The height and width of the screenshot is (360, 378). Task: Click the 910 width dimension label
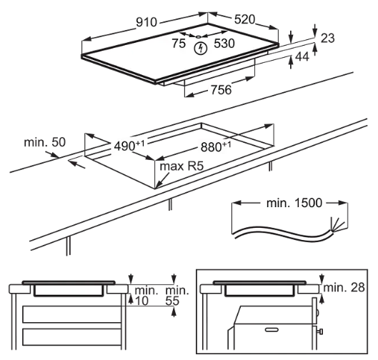(146, 22)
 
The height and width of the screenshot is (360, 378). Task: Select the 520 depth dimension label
(244, 19)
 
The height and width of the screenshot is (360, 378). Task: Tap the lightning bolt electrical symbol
(201, 49)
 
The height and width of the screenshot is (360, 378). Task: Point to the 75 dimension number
(179, 44)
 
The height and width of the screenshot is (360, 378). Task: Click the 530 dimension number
(224, 44)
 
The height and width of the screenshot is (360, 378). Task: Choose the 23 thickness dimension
(327, 38)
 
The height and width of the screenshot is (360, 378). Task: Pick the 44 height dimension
(302, 57)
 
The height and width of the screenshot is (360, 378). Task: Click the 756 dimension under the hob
(221, 89)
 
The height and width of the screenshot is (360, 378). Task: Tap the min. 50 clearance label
(45, 142)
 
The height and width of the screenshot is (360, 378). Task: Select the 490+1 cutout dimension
(129, 146)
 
